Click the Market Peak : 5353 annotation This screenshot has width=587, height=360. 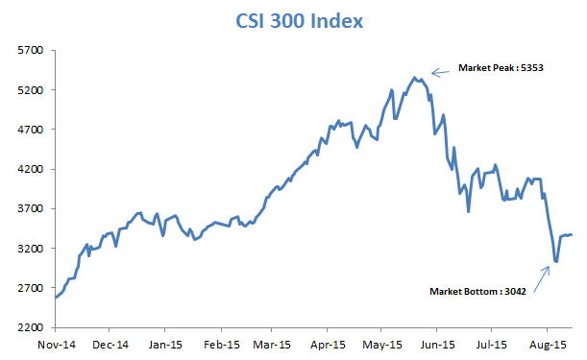[501, 69]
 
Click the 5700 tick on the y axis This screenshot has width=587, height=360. [32, 50]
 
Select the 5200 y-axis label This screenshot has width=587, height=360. [32, 89]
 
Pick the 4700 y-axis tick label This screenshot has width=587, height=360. [32, 129]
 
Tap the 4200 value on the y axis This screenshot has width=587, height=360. [32, 169]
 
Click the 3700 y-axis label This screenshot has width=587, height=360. [32, 208]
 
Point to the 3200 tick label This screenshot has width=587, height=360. [32, 248]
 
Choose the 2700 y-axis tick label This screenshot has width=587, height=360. [32, 288]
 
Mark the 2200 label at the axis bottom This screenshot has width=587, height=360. [32, 327]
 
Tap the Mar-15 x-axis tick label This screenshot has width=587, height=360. [273, 343]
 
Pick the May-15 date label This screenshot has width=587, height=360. [382, 343]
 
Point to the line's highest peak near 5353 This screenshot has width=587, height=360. [414, 77]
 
